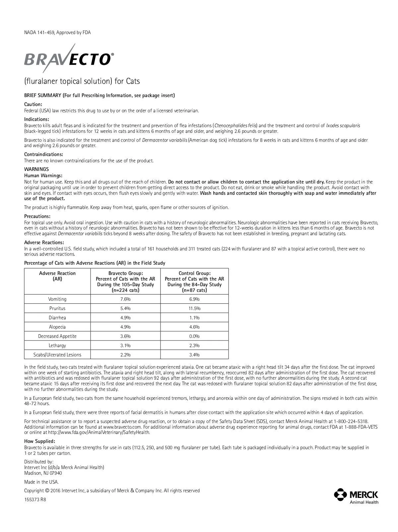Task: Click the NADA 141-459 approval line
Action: point(57,32)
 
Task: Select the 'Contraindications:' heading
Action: point(43,154)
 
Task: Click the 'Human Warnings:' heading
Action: point(43,176)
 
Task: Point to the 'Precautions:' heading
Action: point(37,217)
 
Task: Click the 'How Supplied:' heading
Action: point(39,441)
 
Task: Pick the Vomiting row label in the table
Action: point(57,299)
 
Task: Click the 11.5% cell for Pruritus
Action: point(194,308)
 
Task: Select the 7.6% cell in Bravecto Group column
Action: point(125,299)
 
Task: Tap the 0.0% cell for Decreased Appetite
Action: point(194,336)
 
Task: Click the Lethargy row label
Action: point(57,346)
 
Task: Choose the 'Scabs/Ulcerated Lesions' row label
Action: point(57,355)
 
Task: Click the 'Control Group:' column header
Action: point(194,273)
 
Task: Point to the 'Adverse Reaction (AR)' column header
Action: point(57,276)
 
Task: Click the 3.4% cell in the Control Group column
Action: point(194,355)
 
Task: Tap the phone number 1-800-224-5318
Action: point(351,421)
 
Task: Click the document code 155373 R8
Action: point(35,500)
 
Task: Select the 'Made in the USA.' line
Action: point(41,482)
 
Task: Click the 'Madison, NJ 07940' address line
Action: point(43,473)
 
